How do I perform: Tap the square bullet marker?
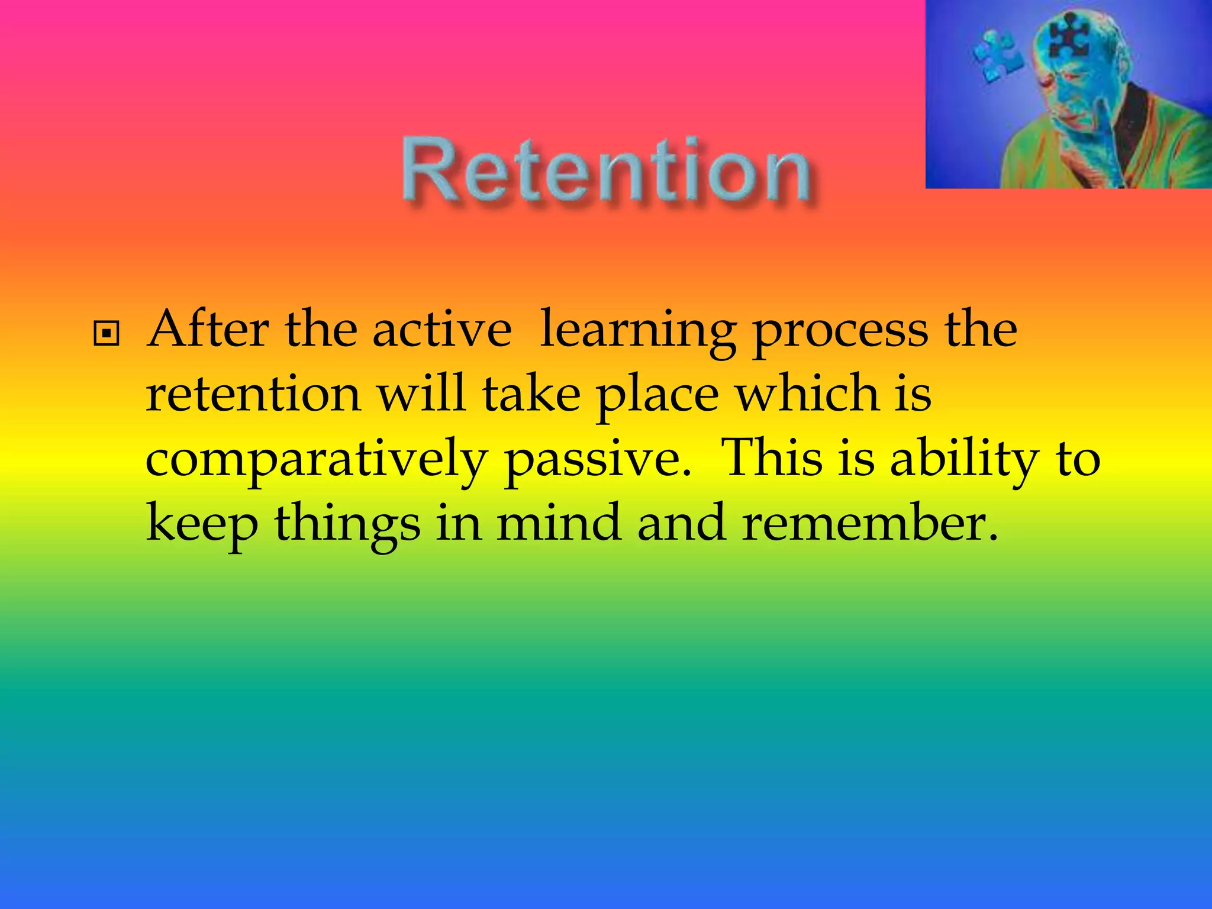tap(107, 334)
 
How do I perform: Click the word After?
tap(208, 330)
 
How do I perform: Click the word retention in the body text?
tap(253, 395)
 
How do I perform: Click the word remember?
tap(869, 523)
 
